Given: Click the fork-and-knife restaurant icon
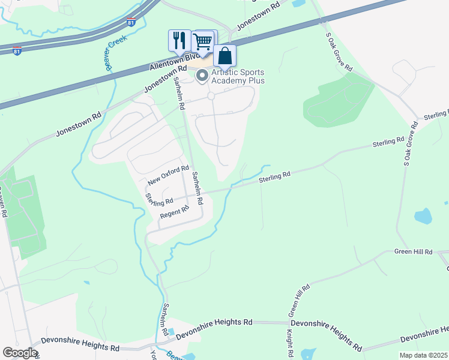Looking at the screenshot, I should (x=179, y=40).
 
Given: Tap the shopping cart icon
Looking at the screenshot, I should (x=203, y=41).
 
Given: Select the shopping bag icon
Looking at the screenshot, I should (x=224, y=56).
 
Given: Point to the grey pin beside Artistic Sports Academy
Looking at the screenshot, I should (x=202, y=76).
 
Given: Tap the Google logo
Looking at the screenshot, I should (x=20, y=353).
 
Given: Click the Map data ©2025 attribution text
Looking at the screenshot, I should (x=424, y=355).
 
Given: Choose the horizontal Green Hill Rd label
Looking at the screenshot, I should (x=413, y=252).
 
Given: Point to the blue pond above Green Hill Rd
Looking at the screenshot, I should (x=423, y=216).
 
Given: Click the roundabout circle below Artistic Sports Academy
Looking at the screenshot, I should (x=211, y=96).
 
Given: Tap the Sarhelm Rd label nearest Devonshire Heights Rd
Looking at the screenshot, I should (x=164, y=319).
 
